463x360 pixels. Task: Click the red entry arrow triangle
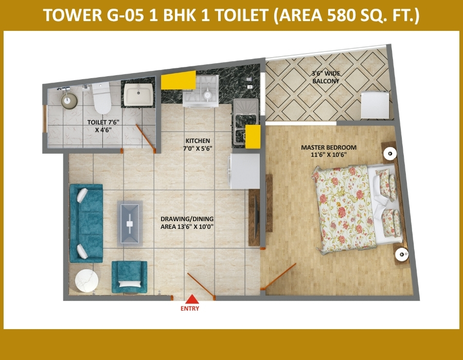[192, 299]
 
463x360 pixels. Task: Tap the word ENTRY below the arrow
[190, 309]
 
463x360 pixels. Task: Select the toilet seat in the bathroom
[102, 98]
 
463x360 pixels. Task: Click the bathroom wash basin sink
[138, 94]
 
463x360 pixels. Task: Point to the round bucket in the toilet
[69, 99]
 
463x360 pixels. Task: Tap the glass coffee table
[130, 224]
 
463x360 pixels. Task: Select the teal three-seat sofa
[86, 223]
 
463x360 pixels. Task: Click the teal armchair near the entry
[129, 277]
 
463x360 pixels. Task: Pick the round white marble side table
[86, 280]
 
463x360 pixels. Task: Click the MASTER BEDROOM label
[329, 147]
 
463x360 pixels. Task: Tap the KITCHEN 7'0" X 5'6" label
[198, 145]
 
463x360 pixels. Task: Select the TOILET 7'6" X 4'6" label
[103, 126]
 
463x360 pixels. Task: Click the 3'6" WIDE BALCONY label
[326, 77]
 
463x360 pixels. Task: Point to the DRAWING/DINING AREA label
[187, 223]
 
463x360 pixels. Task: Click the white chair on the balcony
[375, 104]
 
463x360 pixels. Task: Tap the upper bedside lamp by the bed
[390, 153]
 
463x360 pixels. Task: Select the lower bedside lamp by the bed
[402, 254]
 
